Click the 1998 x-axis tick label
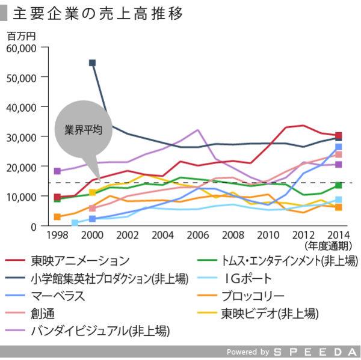[57, 235]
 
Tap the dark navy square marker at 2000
[93, 63]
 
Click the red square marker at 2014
[339, 135]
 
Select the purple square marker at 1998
[58, 171]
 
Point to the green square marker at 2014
[339, 185]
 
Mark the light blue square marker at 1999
[75, 223]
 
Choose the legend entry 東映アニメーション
[79, 261]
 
